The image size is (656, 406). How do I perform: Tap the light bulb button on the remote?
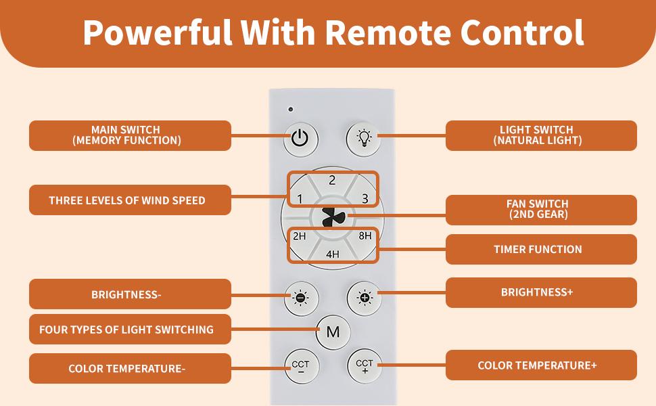[364, 138]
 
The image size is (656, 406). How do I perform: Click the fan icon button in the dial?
[333, 217]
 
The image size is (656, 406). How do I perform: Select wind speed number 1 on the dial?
[300, 198]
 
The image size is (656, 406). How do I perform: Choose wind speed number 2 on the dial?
[332, 181]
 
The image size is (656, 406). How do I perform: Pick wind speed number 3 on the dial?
[365, 198]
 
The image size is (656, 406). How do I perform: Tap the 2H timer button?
[300, 236]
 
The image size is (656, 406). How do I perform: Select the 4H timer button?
[332, 254]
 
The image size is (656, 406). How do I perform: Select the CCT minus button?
[300, 367]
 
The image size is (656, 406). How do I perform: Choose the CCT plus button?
[365, 366]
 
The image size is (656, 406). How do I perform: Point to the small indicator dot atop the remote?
[290, 109]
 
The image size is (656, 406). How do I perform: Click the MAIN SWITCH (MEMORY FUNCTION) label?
[130, 135]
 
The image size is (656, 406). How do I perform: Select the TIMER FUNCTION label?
[540, 249]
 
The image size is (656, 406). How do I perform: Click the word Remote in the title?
[385, 32]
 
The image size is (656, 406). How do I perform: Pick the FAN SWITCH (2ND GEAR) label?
[540, 209]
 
